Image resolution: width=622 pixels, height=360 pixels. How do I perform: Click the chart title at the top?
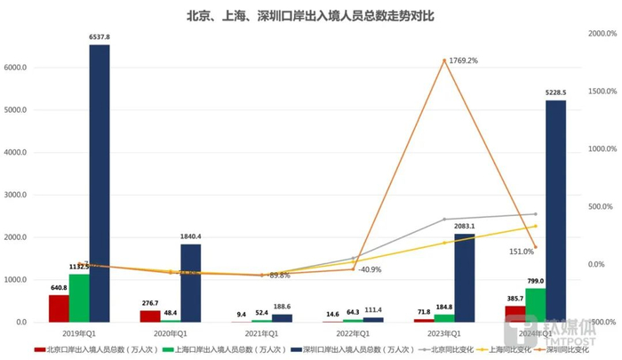pos(310,15)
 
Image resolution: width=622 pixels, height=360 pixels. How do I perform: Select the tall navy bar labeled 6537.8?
pos(100,182)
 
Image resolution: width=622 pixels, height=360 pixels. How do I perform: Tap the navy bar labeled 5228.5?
pos(555,211)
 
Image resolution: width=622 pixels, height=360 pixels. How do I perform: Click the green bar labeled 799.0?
pos(535,305)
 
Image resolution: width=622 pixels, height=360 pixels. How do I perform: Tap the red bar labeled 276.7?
pos(150,316)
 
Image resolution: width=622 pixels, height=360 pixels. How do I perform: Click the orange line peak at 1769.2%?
pos(443,60)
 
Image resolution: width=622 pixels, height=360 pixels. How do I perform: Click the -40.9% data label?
pos(371,269)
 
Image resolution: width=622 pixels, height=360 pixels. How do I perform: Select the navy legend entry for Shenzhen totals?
pos(338,350)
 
